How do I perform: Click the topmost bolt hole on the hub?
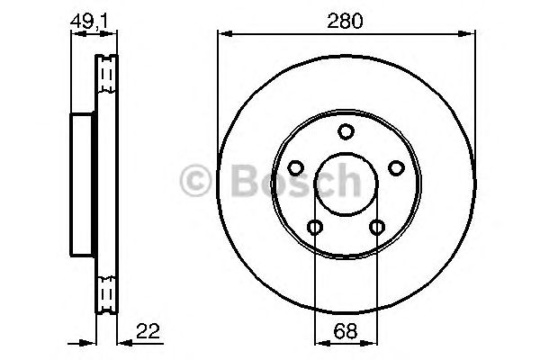click(x=346, y=132)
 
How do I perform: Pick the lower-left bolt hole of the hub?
click(x=315, y=227)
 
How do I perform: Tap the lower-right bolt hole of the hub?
click(x=376, y=227)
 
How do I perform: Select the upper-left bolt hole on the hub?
click(x=295, y=168)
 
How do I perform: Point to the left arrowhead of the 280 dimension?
click(x=223, y=35)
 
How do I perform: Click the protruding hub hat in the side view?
click(x=82, y=188)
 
